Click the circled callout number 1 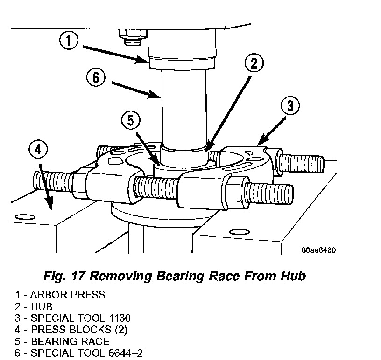point(69,40)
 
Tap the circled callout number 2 point(254,63)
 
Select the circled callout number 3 point(290,106)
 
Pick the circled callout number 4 point(38,149)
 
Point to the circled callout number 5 point(131,120)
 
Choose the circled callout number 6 point(96,78)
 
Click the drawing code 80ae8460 point(318,250)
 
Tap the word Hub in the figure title point(293,276)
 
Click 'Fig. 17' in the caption point(64,276)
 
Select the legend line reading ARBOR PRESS point(60,295)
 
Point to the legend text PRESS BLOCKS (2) point(79,330)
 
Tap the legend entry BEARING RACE point(70,341)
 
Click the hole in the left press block point(25,216)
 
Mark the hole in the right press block point(240,232)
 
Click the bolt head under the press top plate point(133,37)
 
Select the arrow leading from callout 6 point(135,90)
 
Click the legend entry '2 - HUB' point(33,306)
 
